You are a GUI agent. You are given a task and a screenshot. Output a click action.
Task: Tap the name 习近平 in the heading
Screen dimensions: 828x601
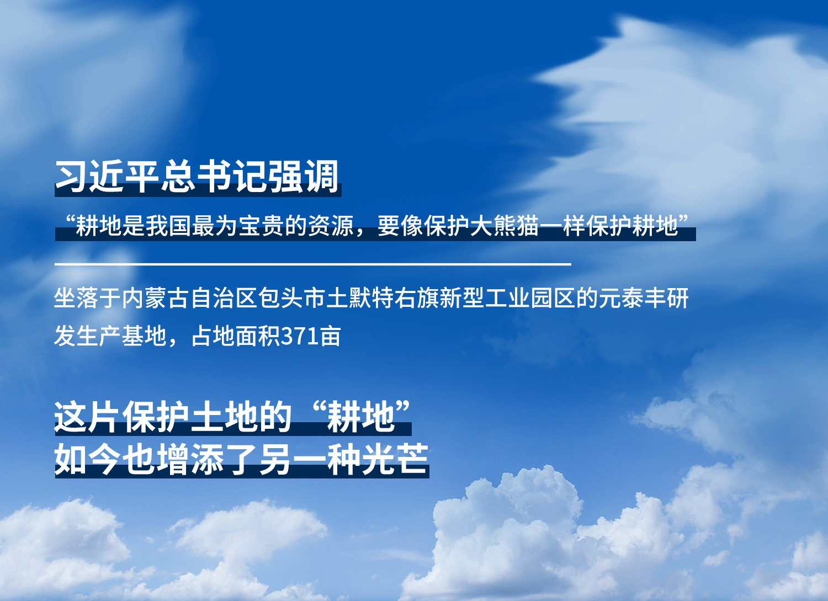(108, 176)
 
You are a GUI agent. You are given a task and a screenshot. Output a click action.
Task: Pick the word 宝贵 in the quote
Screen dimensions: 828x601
(262, 225)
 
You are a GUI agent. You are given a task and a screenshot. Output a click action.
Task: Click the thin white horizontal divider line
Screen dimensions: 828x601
(313, 264)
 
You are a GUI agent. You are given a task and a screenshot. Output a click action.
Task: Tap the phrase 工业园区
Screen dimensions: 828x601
(530, 298)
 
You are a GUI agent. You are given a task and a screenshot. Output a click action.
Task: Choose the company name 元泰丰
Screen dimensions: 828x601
(633, 298)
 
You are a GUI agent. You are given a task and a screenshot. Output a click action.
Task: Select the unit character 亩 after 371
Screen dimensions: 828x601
(330, 336)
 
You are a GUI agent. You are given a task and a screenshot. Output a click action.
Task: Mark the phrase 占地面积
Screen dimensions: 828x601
(236, 336)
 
